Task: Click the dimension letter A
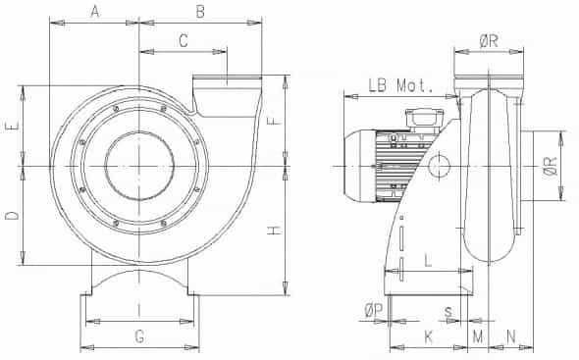click(95, 12)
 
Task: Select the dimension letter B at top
click(200, 12)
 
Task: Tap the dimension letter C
click(184, 40)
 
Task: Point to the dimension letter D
click(12, 215)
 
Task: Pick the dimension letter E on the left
click(12, 127)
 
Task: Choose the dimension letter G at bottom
click(139, 336)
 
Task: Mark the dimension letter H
click(274, 231)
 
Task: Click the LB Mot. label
click(400, 85)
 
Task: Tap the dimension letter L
click(428, 260)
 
